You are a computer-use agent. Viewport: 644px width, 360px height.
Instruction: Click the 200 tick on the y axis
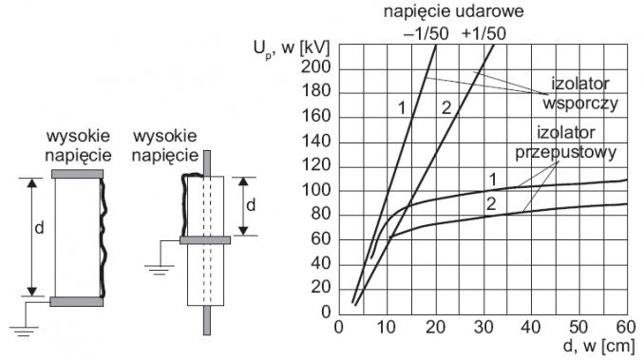point(315,66)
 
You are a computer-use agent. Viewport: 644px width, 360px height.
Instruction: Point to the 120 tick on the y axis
point(315,165)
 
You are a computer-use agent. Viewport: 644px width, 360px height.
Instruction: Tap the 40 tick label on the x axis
point(531,328)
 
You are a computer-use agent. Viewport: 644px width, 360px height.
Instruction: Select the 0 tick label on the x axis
point(338,328)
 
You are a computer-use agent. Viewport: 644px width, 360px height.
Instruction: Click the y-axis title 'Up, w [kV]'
point(292,48)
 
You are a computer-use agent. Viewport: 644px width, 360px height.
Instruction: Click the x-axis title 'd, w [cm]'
point(598,346)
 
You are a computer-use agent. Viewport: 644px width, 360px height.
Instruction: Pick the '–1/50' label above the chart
point(426,34)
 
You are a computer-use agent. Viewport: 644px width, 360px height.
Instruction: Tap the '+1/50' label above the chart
point(483,34)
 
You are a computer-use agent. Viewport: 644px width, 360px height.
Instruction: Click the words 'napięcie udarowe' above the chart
point(453,11)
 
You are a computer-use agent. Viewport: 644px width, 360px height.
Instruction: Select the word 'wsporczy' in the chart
point(580,104)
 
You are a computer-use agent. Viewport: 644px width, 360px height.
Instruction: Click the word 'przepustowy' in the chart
point(566,153)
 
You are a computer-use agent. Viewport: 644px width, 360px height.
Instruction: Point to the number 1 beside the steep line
point(402,108)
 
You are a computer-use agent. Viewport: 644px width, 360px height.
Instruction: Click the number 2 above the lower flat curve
point(491,204)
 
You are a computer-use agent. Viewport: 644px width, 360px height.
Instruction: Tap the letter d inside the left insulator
point(39,228)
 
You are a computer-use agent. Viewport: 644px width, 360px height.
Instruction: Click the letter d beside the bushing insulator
point(251,205)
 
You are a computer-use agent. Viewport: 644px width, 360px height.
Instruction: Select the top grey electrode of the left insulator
point(77,174)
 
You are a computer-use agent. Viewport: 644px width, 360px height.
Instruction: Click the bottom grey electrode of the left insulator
point(76,302)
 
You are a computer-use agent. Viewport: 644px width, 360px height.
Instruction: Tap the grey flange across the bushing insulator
point(205,240)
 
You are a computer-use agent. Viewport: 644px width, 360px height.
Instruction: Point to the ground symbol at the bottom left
point(24,332)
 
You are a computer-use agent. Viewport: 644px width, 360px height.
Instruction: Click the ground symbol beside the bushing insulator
point(160,270)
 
